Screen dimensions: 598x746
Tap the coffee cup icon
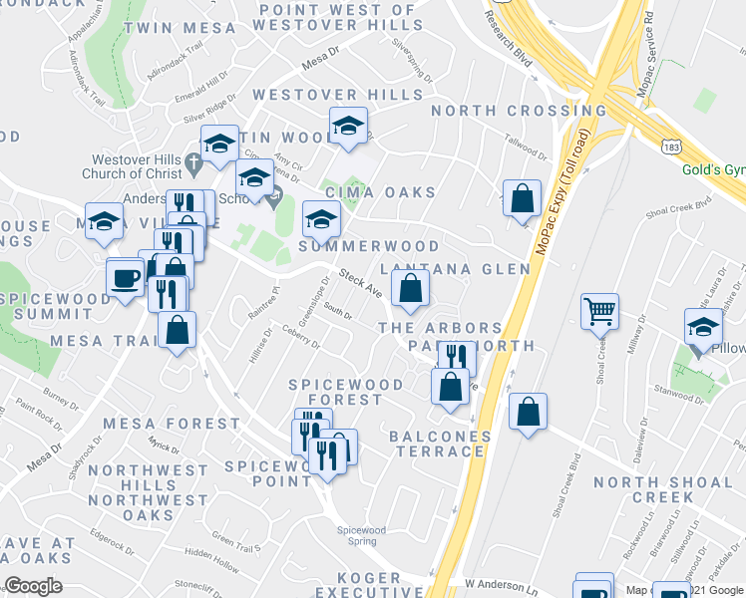point(126,277)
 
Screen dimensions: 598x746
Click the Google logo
point(34,586)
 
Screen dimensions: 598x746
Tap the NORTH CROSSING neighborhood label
point(519,111)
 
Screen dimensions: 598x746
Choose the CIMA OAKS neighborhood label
point(379,192)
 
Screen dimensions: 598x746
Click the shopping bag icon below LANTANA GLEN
point(410,291)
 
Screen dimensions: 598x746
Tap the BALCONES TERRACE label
point(440,445)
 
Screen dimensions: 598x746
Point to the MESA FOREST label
point(177,424)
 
